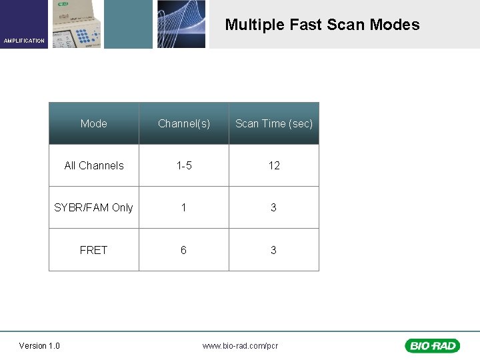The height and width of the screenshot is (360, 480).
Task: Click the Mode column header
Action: [93, 123]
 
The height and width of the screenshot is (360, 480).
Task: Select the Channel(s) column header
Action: [184, 123]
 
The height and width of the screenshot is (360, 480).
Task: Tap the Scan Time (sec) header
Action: [274, 123]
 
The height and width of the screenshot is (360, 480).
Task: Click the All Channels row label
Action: [94, 165]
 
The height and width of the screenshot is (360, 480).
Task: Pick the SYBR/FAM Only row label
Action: [93, 207]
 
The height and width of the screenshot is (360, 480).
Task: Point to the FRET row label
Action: [93, 250]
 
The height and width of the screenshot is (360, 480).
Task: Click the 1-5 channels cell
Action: [184, 165]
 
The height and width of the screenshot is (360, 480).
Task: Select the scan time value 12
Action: [274, 165]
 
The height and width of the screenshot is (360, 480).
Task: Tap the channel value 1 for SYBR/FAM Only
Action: [183, 207]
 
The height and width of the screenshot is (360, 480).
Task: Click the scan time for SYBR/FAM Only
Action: [273, 207]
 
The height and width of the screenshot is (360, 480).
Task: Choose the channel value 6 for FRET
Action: [183, 250]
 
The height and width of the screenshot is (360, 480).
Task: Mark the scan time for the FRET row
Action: [273, 250]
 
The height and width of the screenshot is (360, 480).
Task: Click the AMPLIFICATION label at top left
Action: [24, 41]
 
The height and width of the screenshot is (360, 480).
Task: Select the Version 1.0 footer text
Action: [39, 345]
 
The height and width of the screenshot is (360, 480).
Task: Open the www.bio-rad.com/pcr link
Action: [241, 345]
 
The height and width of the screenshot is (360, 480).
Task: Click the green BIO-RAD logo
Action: [432, 345]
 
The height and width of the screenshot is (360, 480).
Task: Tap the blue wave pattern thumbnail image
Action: [181, 24]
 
